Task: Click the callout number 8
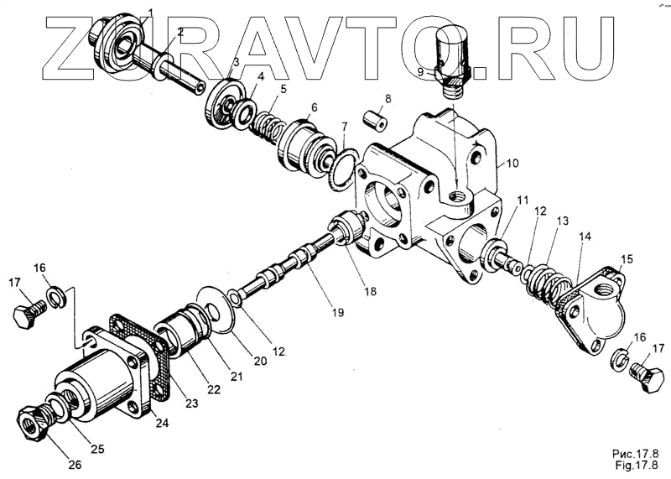388,100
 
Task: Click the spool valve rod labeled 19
289,260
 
